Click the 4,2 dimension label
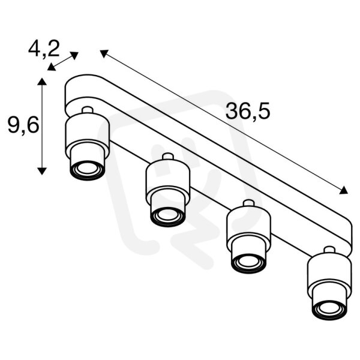[x=44, y=49]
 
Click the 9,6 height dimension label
[x=23, y=126]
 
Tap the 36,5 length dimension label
[x=248, y=111]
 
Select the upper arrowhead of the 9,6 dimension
[x=42, y=82]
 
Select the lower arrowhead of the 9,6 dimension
[x=42, y=171]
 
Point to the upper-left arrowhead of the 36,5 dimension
[x=104, y=54]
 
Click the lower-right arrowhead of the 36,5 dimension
[x=343, y=190]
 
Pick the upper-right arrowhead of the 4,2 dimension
[x=74, y=56]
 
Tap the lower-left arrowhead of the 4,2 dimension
[x=52, y=67]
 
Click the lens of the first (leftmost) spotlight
[x=87, y=169]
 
